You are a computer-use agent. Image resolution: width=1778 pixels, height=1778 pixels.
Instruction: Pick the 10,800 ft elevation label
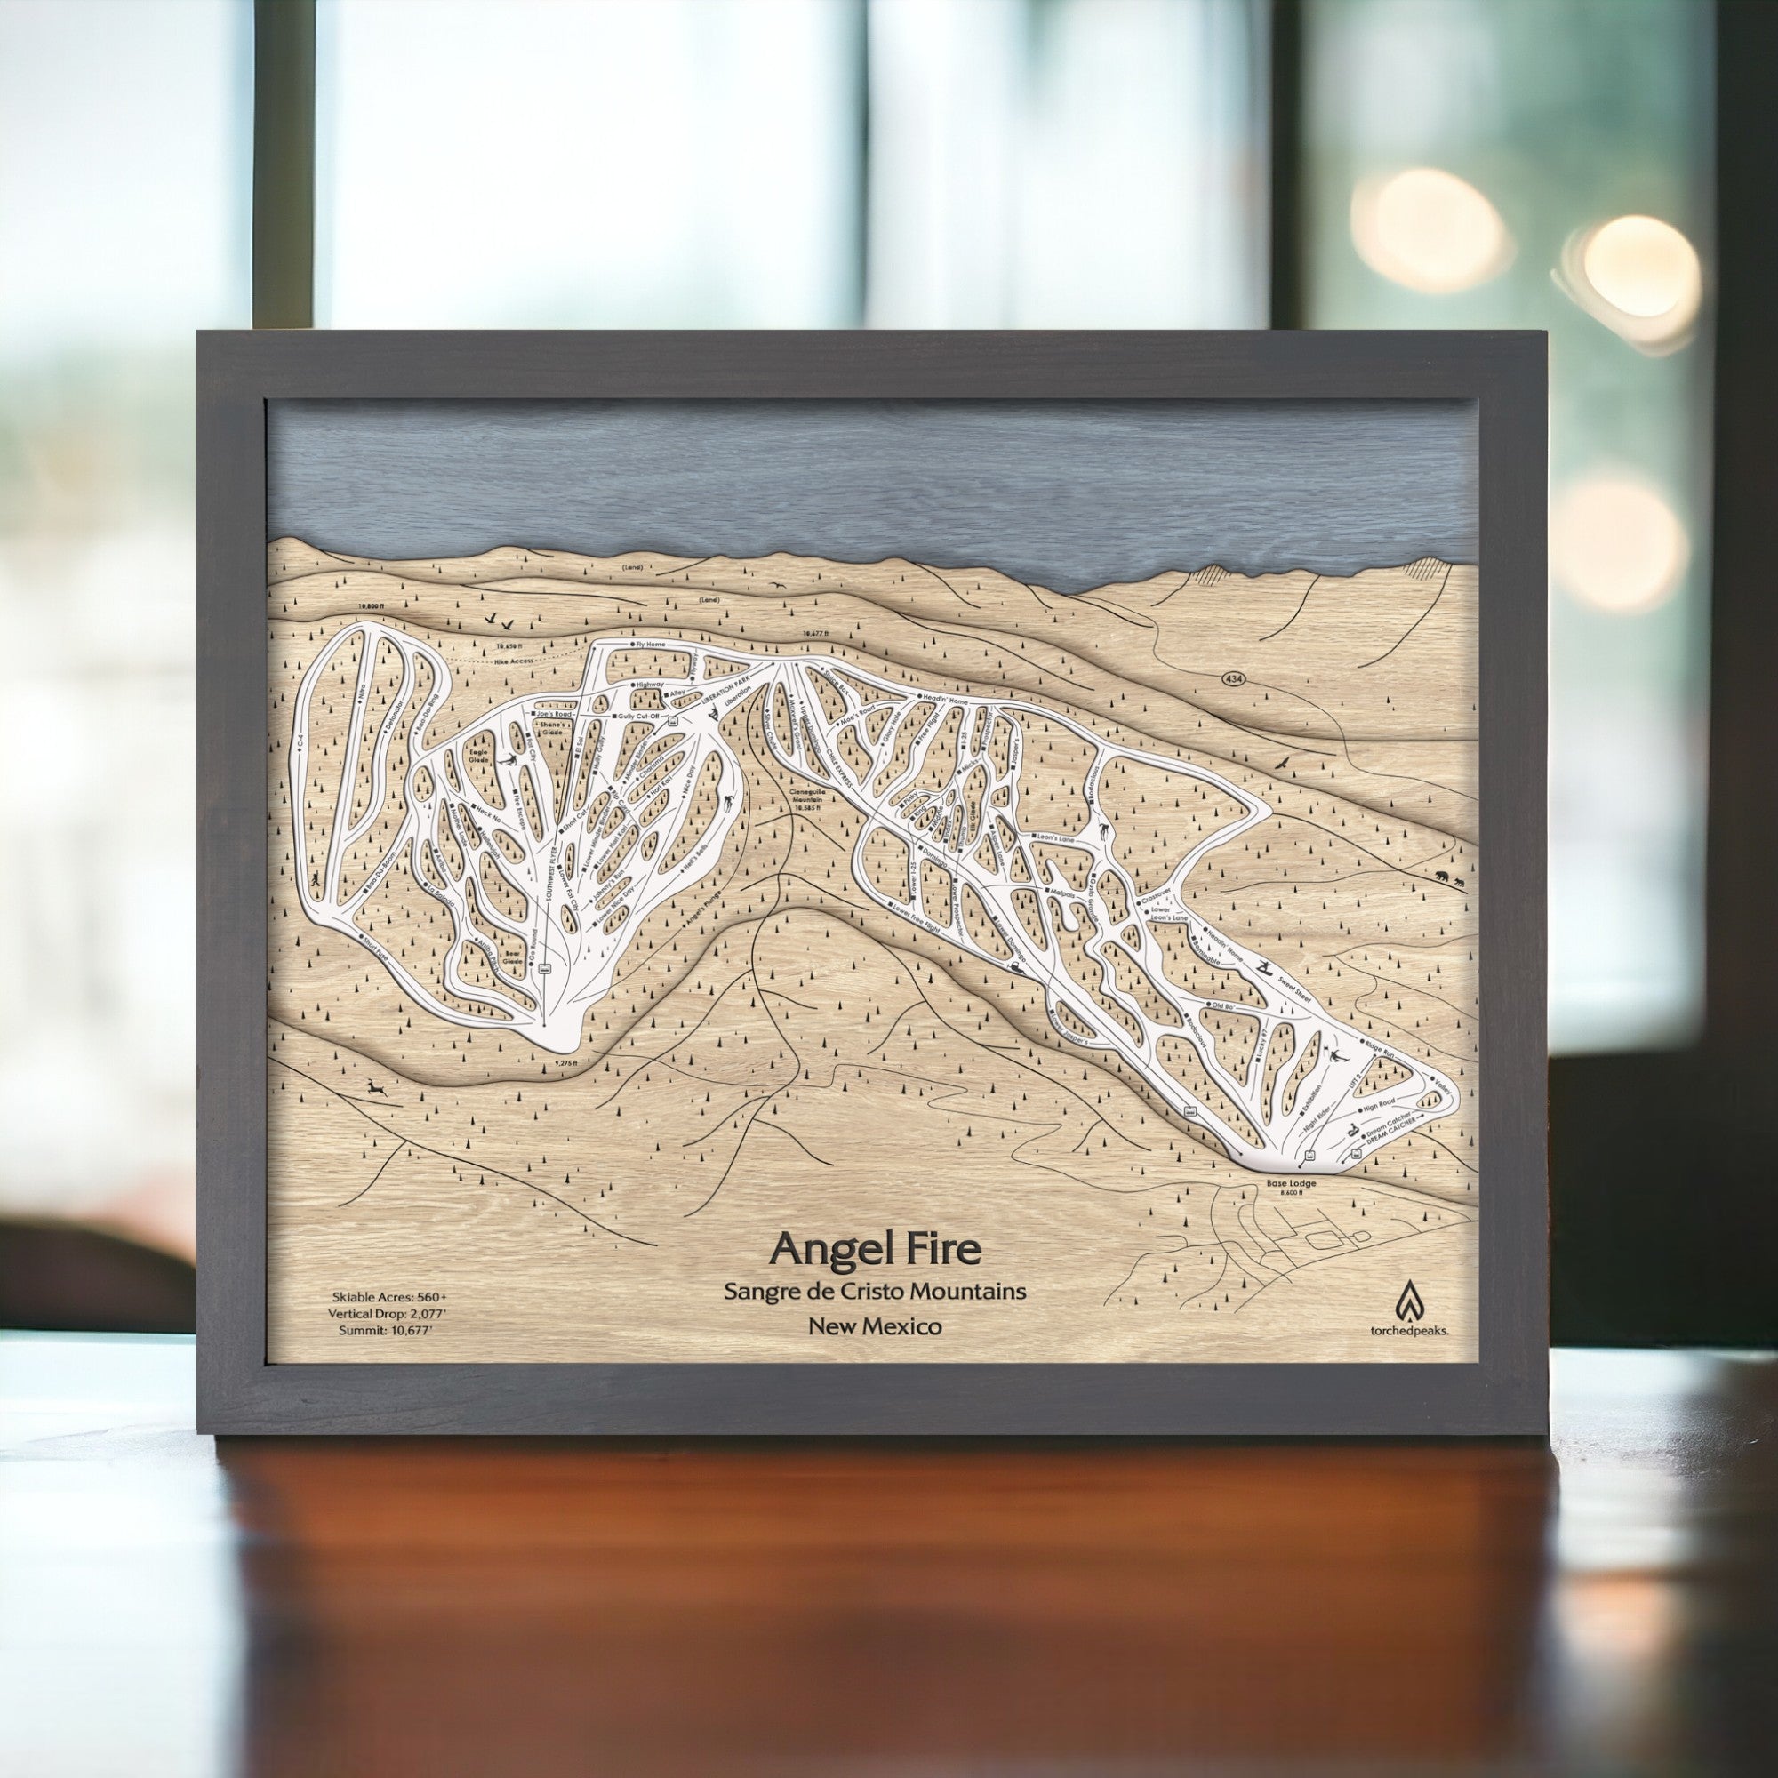[x=370, y=607]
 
